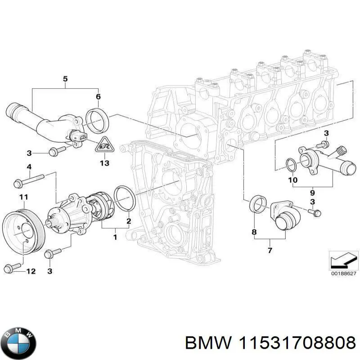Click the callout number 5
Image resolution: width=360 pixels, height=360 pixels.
65,80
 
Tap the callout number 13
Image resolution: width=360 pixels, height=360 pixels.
104,163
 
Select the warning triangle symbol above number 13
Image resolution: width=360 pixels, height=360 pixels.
104,144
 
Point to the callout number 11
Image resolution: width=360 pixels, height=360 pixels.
23,197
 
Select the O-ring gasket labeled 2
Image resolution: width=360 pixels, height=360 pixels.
125,198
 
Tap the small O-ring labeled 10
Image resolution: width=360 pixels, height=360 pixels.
291,166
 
